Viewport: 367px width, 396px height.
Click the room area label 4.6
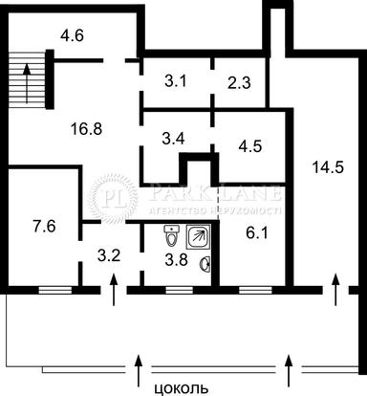(x=73, y=37)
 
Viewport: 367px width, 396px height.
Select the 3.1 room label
(x=175, y=81)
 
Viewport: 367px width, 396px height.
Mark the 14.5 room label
(x=328, y=167)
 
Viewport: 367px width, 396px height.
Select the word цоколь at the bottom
(x=180, y=388)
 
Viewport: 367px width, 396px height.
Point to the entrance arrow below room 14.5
(x=335, y=288)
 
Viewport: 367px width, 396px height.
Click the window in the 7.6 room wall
(x=54, y=287)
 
